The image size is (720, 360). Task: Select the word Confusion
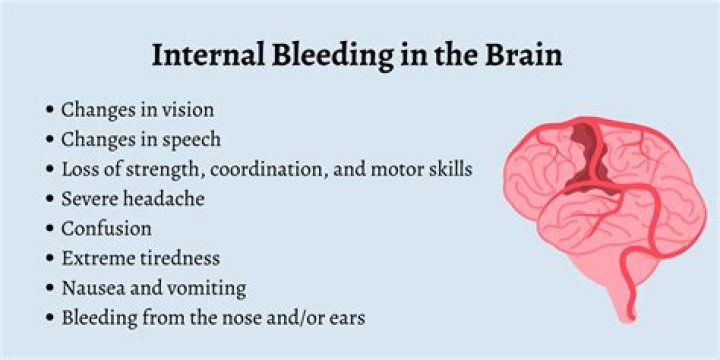tap(106, 229)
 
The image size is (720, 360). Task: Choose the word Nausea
tap(93, 288)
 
